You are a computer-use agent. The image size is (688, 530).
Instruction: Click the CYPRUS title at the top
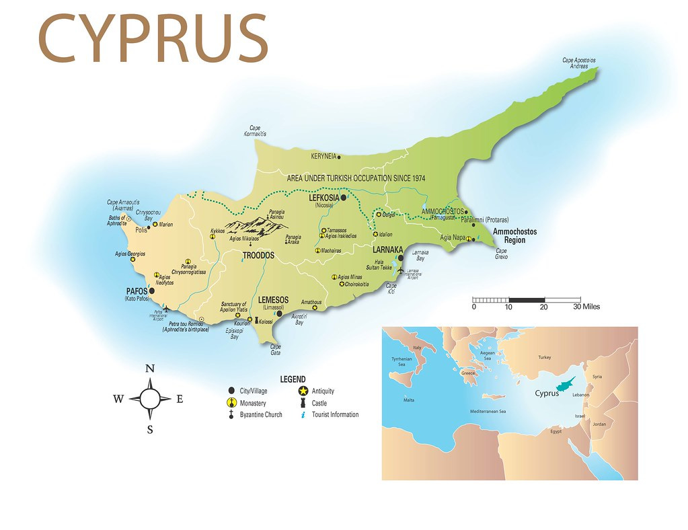click(x=153, y=39)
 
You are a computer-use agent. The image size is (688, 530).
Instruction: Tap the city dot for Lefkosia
click(x=343, y=198)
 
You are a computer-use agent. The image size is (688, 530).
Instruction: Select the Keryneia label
click(x=323, y=157)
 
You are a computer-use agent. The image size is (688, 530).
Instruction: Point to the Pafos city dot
click(x=151, y=291)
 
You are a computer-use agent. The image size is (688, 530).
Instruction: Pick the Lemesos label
click(x=273, y=300)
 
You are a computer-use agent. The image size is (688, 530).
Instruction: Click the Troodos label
click(x=258, y=256)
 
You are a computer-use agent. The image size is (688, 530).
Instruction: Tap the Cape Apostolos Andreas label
click(x=579, y=63)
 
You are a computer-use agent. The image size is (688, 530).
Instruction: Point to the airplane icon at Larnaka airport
click(x=402, y=271)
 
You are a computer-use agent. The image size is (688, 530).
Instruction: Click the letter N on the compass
click(x=150, y=368)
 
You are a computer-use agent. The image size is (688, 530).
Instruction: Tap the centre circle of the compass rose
click(x=150, y=399)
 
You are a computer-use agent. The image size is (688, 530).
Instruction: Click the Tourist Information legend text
click(x=335, y=415)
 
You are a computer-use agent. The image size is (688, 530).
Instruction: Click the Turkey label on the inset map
click(x=544, y=358)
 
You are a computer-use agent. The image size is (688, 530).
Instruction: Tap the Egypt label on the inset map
click(x=556, y=431)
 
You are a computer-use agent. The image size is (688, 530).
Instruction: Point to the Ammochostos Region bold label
click(x=514, y=235)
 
